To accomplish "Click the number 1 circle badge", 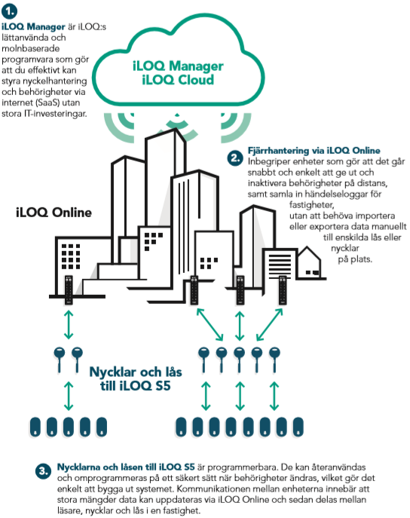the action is coord(9,11).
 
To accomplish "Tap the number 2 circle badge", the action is coord(235,158).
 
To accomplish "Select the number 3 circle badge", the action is coord(43,470).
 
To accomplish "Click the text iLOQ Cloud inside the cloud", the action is coord(178,80).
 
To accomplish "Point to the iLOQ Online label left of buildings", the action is coord(54,213).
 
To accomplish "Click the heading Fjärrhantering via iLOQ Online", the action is coord(314,151).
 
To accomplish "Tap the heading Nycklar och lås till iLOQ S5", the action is coord(136,379).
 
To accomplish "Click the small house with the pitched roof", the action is coord(309,263).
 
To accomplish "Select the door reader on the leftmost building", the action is coord(69,290).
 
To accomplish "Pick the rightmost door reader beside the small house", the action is coord(283,290).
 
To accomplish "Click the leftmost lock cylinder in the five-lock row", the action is coord(35,427).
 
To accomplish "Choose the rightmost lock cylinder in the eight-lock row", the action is coord(298,427).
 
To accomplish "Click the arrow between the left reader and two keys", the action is coord(69,325).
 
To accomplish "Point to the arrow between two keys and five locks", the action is coord(69,396).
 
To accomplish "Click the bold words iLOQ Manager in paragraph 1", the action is coord(33,26).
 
